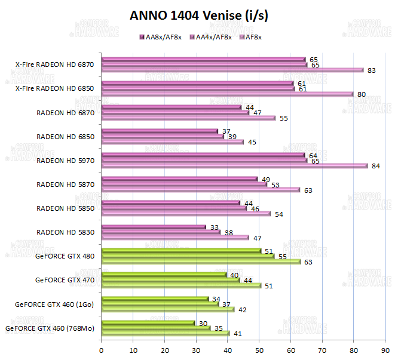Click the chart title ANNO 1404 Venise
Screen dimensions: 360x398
pyautogui.click(x=199, y=16)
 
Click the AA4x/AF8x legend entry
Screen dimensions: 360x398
pyautogui.click(x=211, y=37)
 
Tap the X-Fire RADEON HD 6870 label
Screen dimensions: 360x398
pyautogui.click(x=55, y=64)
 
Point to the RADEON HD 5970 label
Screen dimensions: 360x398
pyautogui.click(x=65, y=160)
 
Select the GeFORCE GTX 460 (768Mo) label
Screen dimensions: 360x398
pyautogui.click(x=50, y=328)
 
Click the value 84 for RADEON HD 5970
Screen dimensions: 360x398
pyautogui.click(x=376, y=166)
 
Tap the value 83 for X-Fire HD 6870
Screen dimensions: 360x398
pyautogui.click(x=372, y=70)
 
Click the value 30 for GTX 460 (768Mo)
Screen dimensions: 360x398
pyautogui.click(x=203, y=323)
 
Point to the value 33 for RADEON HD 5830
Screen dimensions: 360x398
pyautogui.click(x=214, y=227)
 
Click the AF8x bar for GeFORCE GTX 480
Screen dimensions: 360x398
pyautogui.click(x=201, y=261)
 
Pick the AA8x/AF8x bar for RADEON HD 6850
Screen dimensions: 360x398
pyautogui.click(x=160, y=131)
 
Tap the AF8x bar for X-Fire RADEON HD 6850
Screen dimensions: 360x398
pyautogui.click(x=228, y=94)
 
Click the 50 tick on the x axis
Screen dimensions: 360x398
pyautogui.click(x=259, y=350)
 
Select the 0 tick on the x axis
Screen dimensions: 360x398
pyautogui.click(x=102, y=350)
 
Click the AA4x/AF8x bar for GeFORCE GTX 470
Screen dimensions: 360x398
pyautogui.click(x=170, y=280)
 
